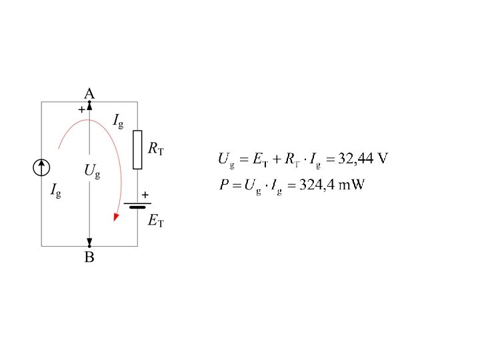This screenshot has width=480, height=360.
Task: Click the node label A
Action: [89, 93]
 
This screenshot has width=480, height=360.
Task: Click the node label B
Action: [89, 257]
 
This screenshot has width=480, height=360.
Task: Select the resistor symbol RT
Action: [137, 149]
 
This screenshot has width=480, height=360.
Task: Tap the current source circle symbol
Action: [41, 167]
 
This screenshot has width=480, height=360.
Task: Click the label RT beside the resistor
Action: [156, 149]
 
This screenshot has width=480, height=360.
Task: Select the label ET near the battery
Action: [155, 221]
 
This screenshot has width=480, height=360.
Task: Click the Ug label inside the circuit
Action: [92, 171]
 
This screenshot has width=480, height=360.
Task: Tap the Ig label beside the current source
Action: [56, 191]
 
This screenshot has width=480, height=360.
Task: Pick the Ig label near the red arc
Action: [118, 121]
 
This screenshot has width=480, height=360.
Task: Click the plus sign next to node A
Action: [81, 110]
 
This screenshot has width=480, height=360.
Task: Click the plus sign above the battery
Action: [145, 194]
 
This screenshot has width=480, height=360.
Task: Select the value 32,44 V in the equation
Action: [363, 159]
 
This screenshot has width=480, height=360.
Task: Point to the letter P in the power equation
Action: [225, 185]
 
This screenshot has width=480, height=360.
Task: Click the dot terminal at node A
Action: [89, 102]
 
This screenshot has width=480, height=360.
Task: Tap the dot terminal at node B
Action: [89, 246]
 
